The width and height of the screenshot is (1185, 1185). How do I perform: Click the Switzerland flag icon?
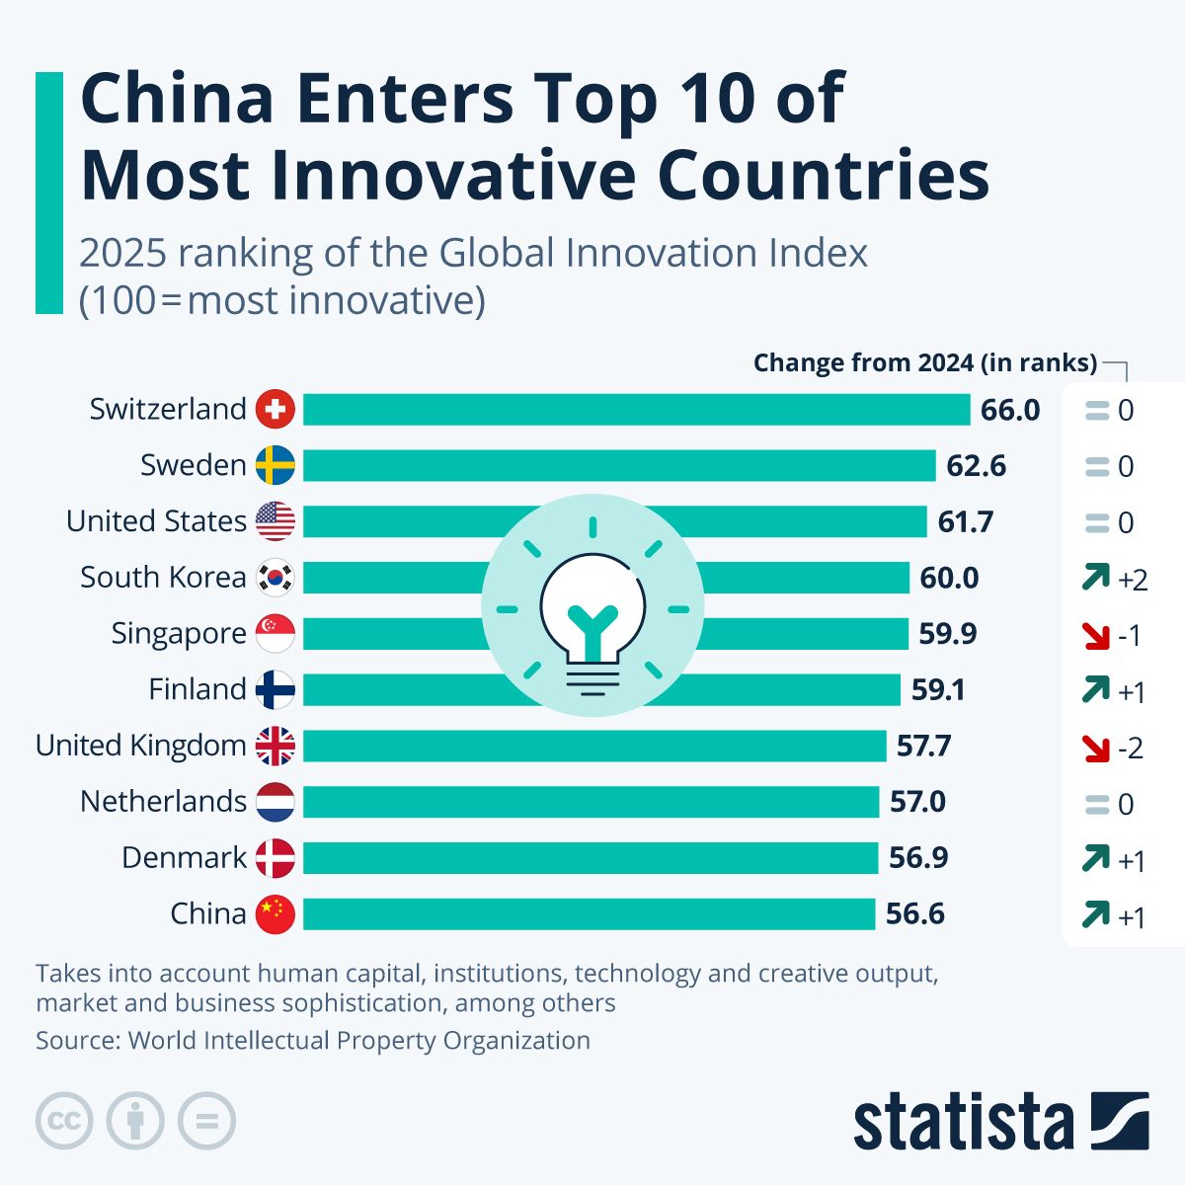coord(275,409)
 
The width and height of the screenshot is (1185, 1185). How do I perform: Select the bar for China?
coord(589,914)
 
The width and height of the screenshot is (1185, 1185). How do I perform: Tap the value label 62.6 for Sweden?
coord(976,465)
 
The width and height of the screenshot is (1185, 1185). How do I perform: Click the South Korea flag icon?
coord(275,578)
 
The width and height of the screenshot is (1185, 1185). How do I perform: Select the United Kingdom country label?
coord(140,746)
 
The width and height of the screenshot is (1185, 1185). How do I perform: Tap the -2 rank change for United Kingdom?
coord(1131,749)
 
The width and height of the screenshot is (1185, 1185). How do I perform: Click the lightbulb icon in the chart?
coord(592,605)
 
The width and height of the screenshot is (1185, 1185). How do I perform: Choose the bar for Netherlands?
coord(591,802)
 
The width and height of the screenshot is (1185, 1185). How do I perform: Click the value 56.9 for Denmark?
coord(918,858)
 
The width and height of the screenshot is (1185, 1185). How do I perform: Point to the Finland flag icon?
coord(275,690)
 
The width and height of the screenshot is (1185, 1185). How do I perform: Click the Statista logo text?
coord(963,1123)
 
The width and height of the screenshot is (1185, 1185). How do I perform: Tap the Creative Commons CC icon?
coord(64,1122)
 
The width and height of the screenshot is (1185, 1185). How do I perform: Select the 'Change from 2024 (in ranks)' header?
coord(924,363)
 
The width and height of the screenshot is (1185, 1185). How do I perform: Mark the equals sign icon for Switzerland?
coord(1097,411)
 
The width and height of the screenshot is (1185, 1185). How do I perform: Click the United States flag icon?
coord(275,521)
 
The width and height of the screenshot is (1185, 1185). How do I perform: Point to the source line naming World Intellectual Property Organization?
coord(313,1040)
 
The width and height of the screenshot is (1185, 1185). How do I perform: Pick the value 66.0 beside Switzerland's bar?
coord(1010,410)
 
